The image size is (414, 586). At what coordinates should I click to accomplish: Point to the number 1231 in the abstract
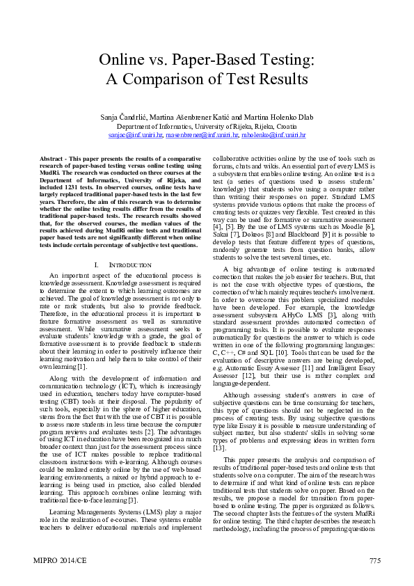pyautogui.click(x=72, y=186)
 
